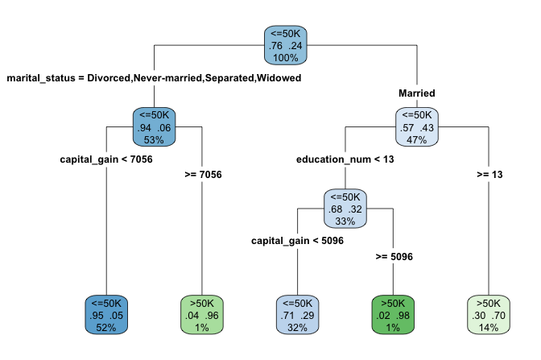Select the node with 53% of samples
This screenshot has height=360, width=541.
click(154, 127)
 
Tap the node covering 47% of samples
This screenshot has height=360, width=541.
click(417, 127)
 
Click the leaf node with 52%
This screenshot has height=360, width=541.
click(106, 315)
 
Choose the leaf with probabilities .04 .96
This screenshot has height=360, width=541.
click(201, 315)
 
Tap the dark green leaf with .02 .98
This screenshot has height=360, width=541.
click(393, 315)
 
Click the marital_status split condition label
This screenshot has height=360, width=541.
click(154, 78)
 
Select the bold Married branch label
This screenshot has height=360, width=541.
click(417, 93)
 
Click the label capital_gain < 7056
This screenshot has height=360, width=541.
click(106, 159)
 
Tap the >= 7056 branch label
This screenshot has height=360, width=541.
click(201, 174)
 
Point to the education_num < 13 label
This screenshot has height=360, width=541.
click(345, 159)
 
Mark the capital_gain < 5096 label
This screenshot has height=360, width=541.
click(297, 240)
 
